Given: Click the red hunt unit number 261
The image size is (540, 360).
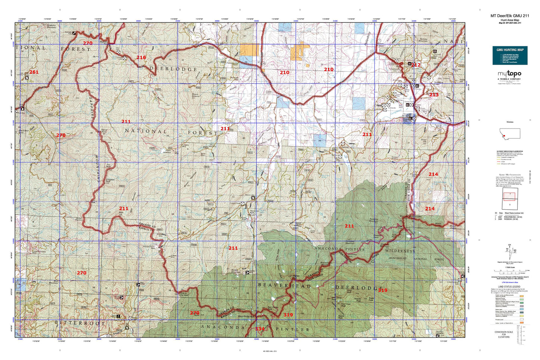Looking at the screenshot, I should pos(34,72).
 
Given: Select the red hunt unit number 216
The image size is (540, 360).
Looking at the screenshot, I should pos(141,58).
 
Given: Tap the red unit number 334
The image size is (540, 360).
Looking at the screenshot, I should pos(260,329).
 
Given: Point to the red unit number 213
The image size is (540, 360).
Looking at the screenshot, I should pos(434,95).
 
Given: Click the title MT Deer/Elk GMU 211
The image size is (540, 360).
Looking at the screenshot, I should pos(509,16).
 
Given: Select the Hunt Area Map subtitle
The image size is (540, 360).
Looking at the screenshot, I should pos(509,20).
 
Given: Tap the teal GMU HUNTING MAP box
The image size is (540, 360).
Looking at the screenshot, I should pos(510,55).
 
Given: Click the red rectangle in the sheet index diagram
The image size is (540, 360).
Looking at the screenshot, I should pos(509,195).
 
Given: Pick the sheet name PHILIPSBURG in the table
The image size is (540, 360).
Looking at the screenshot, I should pos(516,217).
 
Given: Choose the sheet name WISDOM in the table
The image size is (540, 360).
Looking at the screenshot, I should pos(514,219).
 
